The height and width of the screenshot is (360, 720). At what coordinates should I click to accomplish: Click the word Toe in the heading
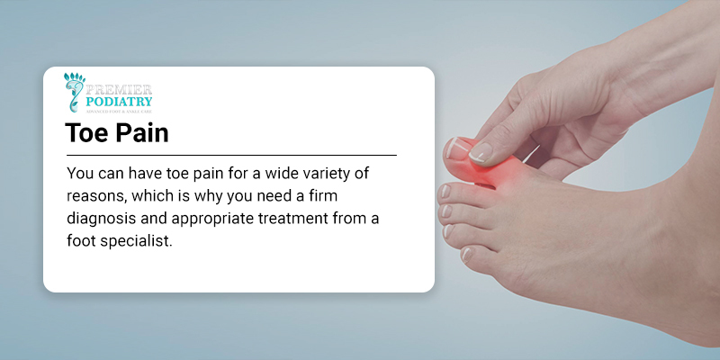pos(87,134)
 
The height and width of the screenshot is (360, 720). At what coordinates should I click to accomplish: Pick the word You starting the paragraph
pos(81,173)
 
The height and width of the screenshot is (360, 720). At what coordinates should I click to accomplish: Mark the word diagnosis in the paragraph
pos(103,220)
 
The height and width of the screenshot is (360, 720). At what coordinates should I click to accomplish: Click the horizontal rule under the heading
pos(230,156)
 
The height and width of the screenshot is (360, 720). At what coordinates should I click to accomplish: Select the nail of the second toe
pos(444,191)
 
